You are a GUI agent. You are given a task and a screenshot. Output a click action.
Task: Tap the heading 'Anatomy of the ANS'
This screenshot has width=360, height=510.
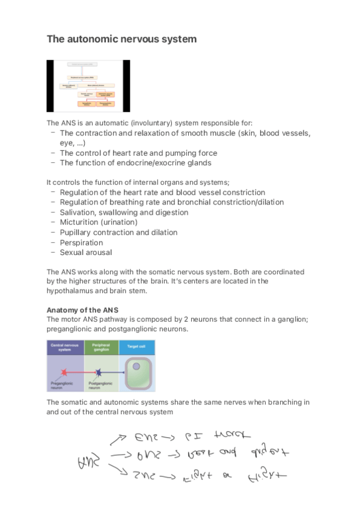78,310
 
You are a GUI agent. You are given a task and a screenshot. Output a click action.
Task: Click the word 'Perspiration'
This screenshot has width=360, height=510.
81,242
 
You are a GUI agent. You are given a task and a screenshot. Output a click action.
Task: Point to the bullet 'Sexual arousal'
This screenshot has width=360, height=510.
85,253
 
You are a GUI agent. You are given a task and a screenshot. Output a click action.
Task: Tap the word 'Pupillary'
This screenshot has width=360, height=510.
76,232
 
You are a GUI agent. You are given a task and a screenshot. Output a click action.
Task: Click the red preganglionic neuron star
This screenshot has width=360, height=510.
62,373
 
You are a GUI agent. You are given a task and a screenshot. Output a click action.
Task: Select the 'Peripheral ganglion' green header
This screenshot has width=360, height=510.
101,347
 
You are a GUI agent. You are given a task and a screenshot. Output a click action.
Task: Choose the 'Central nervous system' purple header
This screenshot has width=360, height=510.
65,347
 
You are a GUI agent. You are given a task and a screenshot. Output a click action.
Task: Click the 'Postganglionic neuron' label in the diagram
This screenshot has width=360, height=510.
100,386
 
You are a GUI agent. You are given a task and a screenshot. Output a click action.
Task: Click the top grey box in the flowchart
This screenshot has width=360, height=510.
88,64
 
